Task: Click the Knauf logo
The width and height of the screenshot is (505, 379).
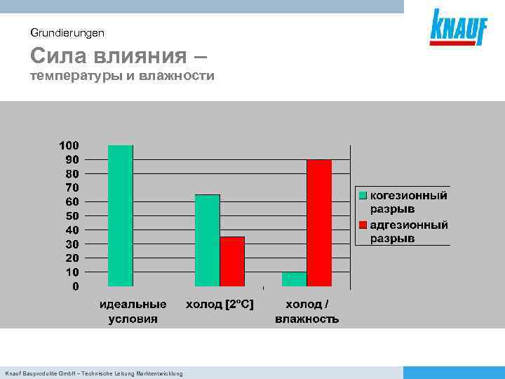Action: click(458, 28)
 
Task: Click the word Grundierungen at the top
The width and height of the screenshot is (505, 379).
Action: click(67, 32)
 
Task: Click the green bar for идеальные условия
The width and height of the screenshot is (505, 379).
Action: click(120, 215)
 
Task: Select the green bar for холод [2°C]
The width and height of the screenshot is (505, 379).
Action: click(207, 240)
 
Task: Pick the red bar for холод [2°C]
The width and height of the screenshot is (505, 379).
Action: click(232, 261)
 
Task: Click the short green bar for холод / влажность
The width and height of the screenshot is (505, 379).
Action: click(294, 279)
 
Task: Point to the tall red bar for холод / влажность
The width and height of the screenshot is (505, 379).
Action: click(319, 222)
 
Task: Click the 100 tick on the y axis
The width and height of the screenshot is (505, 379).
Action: click(69, 145)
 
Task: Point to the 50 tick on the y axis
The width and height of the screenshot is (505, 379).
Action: click(72, 215)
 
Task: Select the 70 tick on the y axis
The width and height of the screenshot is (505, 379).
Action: click(72, 187)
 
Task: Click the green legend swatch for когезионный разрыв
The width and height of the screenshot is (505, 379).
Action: click(363, 196)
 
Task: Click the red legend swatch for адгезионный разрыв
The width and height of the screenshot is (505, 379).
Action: click(363, 225)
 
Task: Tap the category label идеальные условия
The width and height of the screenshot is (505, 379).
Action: click(133, 312)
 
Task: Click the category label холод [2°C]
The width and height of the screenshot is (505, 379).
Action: click(220, 305)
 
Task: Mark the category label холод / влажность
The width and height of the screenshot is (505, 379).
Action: click(307, 312)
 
